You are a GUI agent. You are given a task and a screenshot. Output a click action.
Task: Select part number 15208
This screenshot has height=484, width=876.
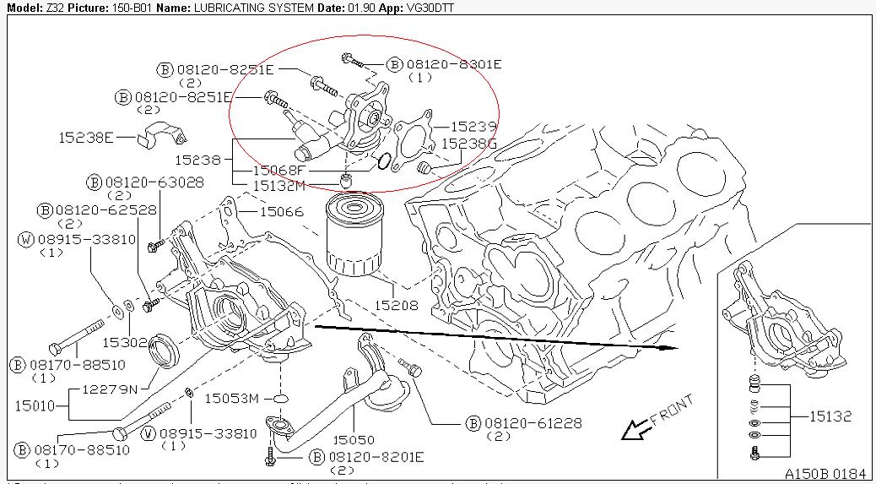pyautogui.click(x=397, y=305)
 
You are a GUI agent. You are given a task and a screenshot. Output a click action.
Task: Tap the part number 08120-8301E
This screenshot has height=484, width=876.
pyautogui.click(x=454, y=64)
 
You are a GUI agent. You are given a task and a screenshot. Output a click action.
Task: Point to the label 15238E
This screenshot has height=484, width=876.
pyautogui.click(x=85, y=136)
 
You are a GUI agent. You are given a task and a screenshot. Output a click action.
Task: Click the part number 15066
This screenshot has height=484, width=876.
pyautogui.click(x=281, y=211)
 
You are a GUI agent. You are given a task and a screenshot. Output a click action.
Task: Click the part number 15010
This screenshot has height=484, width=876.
pyautogui.click(x=35, y=405)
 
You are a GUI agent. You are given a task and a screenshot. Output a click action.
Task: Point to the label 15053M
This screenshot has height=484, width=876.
pyautogui.click(x=232, y=397)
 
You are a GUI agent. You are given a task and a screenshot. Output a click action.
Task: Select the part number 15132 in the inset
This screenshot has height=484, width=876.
pyautogui.click(x=830, y=416)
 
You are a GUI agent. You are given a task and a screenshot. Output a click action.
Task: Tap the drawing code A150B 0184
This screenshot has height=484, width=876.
pyautogui.click(x=825, y=473)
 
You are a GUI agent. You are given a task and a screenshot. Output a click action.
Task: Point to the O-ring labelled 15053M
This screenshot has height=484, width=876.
pyautogui.click(x=282, y=397)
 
